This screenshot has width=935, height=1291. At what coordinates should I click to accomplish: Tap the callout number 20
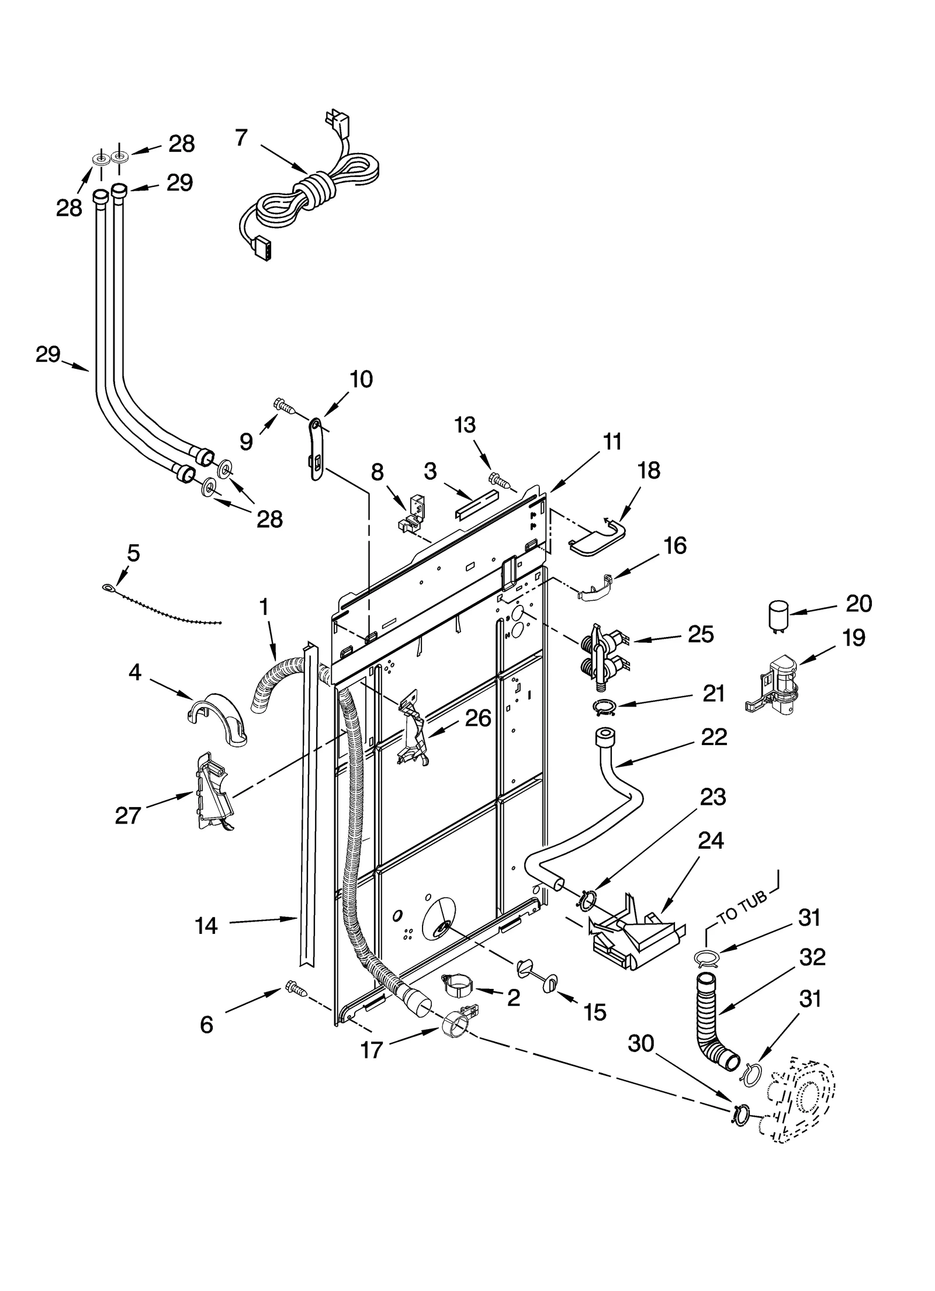pyautogui.click(x=858, y=603)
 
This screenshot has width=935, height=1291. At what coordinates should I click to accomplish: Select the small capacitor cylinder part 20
pyautogui.click(x=778, y=617)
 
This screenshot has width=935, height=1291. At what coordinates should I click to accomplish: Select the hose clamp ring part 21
pyautogui.click(x=605, y=708)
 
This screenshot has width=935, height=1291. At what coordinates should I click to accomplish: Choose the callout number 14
pyautogui.click(x=206, y=926)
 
